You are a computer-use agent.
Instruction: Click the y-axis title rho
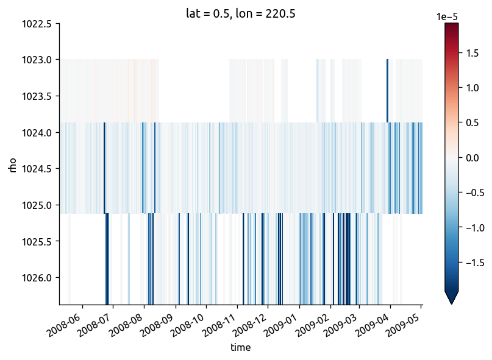(13, 164)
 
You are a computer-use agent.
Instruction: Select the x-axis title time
(240, 347)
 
